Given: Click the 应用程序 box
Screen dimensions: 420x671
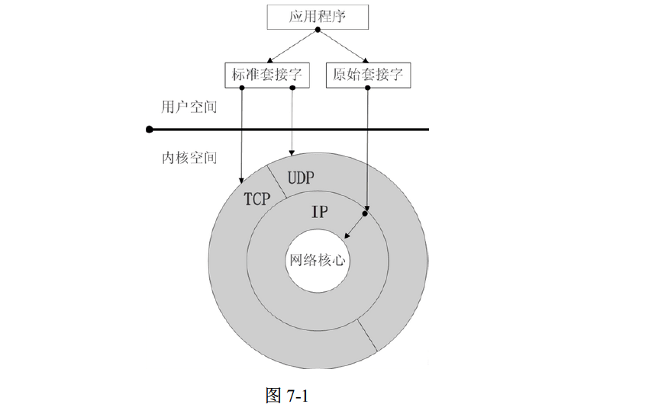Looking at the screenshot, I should coord(318,17).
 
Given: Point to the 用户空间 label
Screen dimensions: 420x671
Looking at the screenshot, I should coord(189,107).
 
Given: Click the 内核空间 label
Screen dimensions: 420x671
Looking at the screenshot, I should coord(189,158).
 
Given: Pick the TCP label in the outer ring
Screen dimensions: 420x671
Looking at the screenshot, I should coord(257,199).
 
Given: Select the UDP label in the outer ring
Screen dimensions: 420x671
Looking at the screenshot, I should coord(301,178).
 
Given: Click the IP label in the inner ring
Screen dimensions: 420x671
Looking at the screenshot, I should coord(320,211).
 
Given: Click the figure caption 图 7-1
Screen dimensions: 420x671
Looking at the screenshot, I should coord(290,396).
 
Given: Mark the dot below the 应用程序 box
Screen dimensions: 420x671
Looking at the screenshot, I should coord(318,30).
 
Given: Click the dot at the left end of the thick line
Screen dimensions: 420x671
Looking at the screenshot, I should coord(150,130).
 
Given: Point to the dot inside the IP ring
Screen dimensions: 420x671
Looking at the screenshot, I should coord(365,213).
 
